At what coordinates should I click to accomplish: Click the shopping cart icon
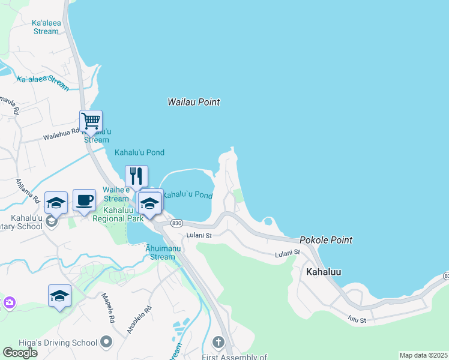91,121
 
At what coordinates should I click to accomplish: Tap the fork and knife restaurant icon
136,176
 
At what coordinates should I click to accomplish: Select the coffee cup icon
84,199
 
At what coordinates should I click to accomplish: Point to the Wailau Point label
193,102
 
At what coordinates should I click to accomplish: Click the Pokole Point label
326,240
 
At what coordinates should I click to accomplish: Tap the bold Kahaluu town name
324,272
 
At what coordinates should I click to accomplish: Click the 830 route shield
176,223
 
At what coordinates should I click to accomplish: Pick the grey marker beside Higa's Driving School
107,342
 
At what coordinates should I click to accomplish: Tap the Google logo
20,353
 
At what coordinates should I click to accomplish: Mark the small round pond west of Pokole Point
268,221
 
